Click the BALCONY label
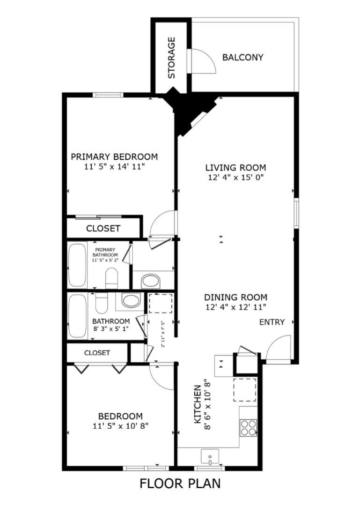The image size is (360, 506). [x=242, y=58]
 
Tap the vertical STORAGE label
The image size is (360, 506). [x=171, y=58]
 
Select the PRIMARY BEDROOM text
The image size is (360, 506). [x=114, y=157]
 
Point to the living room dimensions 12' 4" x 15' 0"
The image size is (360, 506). [x=236, y=177]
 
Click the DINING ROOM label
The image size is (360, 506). [x=236, y=297]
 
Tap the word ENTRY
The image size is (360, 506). [x=272, y=322]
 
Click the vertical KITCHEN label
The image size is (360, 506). [x=198, y=404]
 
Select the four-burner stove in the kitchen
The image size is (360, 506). [x=249, y=428]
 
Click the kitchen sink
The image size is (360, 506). [x=210, y=457]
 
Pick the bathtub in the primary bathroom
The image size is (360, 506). [x=77, y=265]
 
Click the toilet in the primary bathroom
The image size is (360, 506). [x=112, y=278]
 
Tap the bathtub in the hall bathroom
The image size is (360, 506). [x=77, y=316]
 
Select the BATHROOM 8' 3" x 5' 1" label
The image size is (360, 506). [x=111, y=325]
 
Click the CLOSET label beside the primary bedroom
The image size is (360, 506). [x=103, y=229]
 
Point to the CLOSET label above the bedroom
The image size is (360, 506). [x=97, y=353]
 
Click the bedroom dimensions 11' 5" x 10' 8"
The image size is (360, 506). [x=120, y=426]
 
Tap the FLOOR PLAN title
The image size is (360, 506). [x=180, y=484]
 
